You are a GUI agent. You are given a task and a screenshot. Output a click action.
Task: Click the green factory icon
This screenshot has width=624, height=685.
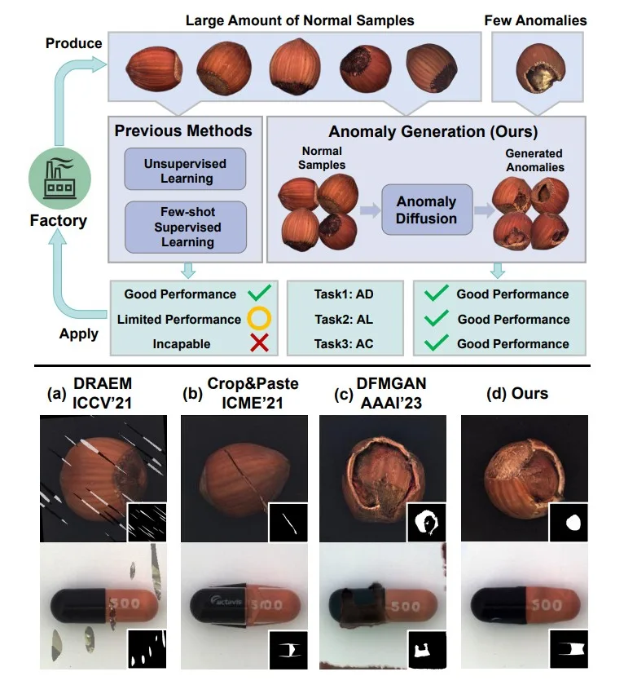point(59,179)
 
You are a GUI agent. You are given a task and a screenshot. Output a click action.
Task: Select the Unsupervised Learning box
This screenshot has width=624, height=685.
point(186,169)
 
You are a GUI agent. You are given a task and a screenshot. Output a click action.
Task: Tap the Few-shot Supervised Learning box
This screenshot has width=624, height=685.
point(186,228)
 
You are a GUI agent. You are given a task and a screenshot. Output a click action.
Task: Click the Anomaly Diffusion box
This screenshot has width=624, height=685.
point(427,210)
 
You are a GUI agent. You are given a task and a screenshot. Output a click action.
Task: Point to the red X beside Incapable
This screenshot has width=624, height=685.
point(259,343)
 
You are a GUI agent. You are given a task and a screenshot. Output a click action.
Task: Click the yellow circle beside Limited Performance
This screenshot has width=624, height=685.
point(259,318)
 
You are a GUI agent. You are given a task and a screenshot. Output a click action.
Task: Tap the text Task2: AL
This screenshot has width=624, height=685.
point(344,320)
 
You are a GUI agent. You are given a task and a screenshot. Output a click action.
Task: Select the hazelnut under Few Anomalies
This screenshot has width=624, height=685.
point(541,69)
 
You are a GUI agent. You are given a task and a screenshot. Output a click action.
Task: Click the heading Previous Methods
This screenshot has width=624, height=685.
point(183,131)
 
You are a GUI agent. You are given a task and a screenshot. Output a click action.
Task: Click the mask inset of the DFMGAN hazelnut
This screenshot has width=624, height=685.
point(426,523)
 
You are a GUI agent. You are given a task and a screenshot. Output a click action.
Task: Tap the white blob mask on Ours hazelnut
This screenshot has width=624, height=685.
point(573,523)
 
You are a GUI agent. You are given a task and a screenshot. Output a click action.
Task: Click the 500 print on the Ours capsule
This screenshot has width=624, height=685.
point(546,605)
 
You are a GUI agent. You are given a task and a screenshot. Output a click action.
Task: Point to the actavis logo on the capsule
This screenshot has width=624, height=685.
point(226,601)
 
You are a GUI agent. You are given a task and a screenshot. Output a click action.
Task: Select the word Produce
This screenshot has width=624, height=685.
point(74,43)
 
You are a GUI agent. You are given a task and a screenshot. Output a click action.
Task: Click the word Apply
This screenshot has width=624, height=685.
point(79,334)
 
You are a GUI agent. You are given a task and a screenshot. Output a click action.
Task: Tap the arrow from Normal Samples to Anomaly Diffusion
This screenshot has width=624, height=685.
point(370,210)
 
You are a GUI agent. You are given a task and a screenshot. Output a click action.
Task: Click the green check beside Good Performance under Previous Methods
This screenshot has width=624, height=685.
point(259,293)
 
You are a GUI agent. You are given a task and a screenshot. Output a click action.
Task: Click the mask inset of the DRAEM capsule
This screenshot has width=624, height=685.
point(147,649)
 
